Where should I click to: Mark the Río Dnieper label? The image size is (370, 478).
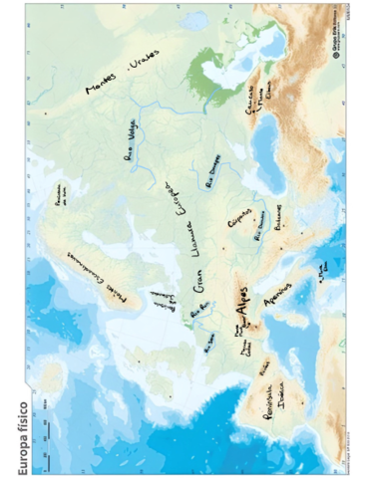tap(211, 170)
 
